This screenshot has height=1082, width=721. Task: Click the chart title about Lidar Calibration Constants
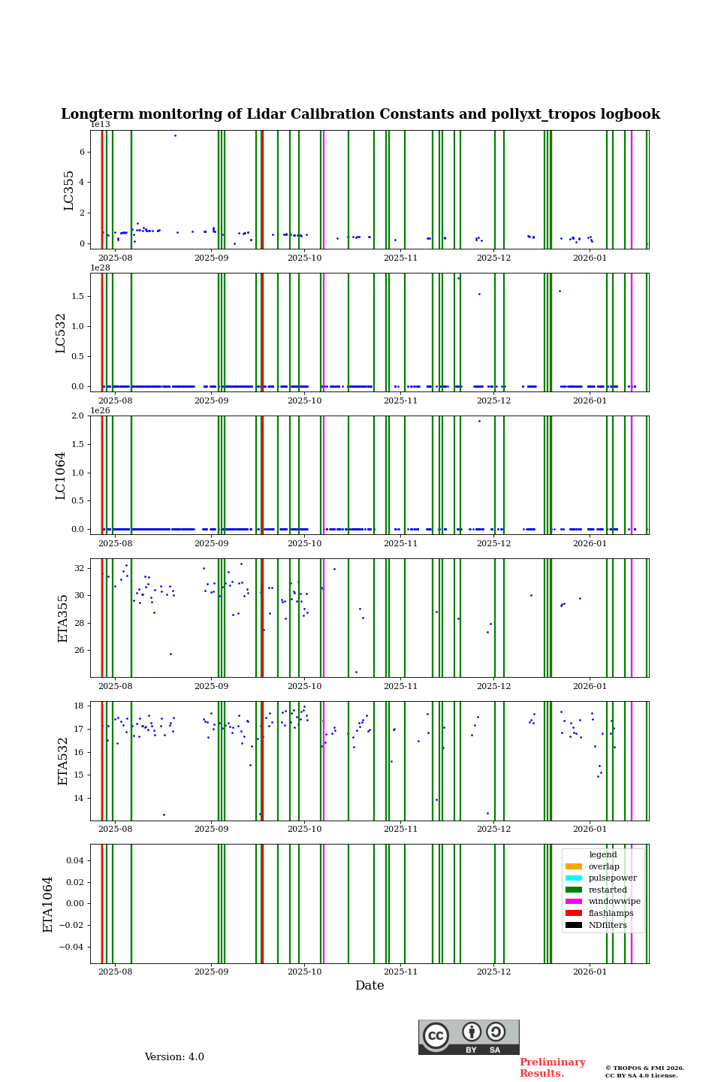pos(360,114)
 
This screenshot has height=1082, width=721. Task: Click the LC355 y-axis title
pos(69,190)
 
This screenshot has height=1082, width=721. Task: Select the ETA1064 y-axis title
pos(49,904)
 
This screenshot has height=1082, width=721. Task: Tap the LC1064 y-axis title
pos(61,476)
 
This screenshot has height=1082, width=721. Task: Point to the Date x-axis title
pos(370,986)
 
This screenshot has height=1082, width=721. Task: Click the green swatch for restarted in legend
pos(574,890)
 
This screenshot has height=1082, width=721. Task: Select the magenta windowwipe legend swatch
pos(574,902)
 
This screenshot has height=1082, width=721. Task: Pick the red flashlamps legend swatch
pos(574,913)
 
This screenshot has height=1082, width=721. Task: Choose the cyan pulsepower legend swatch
pos(574,878)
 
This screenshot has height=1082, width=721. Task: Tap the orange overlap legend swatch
pos(574,866)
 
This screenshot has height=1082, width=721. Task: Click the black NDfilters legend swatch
pos(574,925)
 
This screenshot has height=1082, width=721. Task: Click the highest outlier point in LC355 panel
pos(175,135)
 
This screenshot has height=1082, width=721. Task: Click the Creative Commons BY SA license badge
pos(469,1037)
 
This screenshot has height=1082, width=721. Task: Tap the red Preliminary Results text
pos(552,1068)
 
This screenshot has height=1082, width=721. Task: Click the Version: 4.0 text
pos(174,1057)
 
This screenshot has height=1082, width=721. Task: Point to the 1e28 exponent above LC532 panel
pos(100,267)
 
